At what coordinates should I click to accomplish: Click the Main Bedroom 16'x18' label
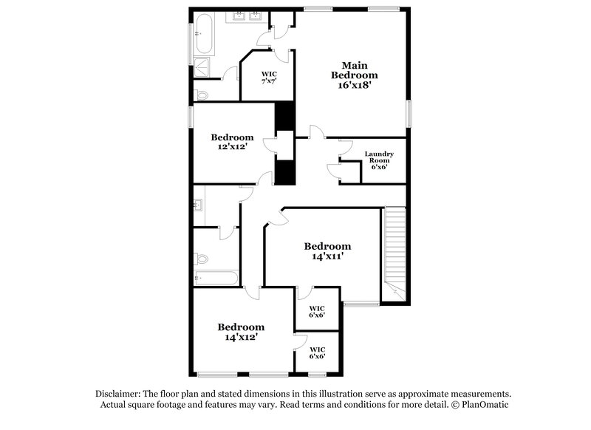click(x=354, y=75)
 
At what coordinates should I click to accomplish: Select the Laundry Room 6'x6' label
click(x=379, y=160)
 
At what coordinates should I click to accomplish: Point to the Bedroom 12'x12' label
click(x=232, y=142)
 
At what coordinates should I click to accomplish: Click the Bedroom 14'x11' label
click(x=327, y=251)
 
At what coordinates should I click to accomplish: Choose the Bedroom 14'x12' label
click(x=240, y=332)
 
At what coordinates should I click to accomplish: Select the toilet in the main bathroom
click(x=200, y=94)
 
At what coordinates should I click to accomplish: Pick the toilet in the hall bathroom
click(x=201, y=259)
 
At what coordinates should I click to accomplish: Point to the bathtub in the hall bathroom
click(x=215, y=279)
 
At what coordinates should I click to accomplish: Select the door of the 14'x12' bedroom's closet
click(x=299, y=342)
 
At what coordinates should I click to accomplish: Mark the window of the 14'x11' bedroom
click(x=361, y=304)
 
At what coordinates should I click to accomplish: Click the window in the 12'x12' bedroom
click(x=191, y=116)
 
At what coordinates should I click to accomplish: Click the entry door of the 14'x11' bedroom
click(x=276, y=217)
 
